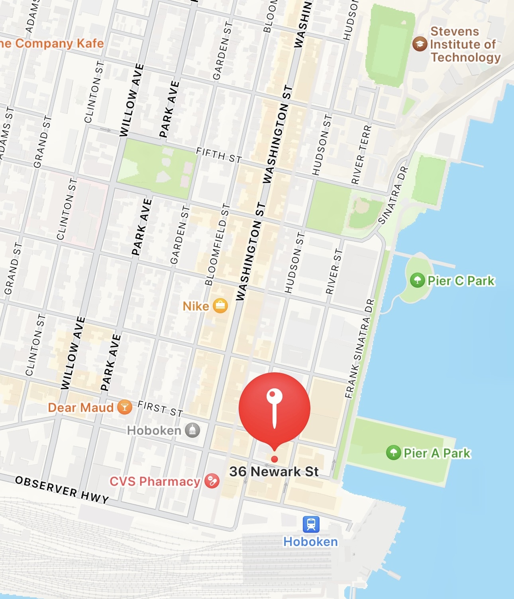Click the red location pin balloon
275,408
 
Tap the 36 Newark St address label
274,472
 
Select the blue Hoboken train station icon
311,524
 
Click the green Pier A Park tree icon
394,453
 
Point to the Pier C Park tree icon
417,280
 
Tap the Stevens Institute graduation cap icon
420,44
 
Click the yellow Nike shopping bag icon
220,306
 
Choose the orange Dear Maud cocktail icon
125,407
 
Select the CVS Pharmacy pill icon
212,481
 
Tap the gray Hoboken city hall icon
192,430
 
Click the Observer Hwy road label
62,489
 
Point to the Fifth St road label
219,155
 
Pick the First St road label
160,409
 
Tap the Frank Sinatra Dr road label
360,348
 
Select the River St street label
334,271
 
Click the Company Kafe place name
52,43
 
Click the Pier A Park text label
437,453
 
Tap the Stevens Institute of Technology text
465,44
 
